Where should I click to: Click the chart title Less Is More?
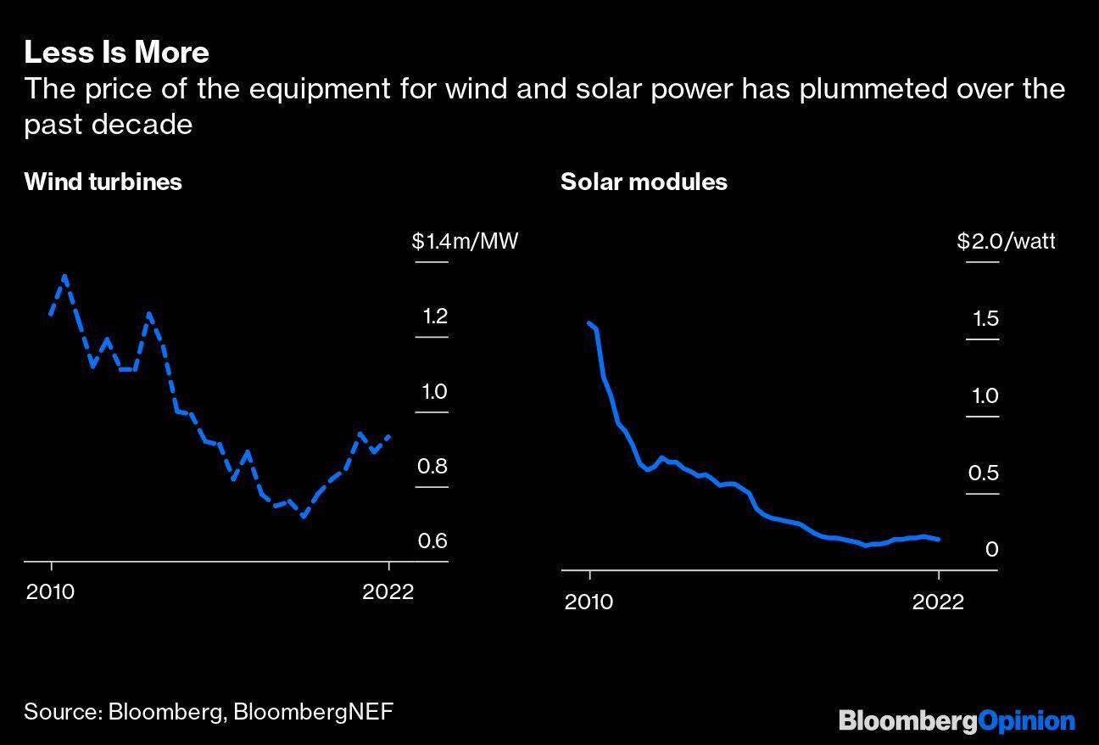[116, 53]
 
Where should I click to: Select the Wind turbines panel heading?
[103, 182]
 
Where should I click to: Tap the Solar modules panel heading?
[644, 182]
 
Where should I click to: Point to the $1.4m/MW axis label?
[464, 242]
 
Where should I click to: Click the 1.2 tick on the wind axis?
[435, 316]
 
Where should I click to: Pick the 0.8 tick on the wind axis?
[432, 466]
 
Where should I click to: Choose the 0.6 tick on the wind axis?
[432, 541]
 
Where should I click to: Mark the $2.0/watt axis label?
[1006, 242]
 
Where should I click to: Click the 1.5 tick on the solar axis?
[984, 319]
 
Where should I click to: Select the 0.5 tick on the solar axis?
[984, 473]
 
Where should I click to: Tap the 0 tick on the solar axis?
[992, 550]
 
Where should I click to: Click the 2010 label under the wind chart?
[50, 591]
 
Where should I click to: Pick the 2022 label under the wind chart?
[388, 591]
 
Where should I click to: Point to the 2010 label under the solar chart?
[588, 602]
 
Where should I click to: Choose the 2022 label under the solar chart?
[938, 602]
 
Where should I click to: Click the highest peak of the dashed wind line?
[65, 276]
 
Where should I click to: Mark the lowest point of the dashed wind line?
[304, 516]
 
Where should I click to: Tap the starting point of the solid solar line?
[589, 322]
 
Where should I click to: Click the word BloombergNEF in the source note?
[313, 711]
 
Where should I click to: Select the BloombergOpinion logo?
[957, 721]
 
